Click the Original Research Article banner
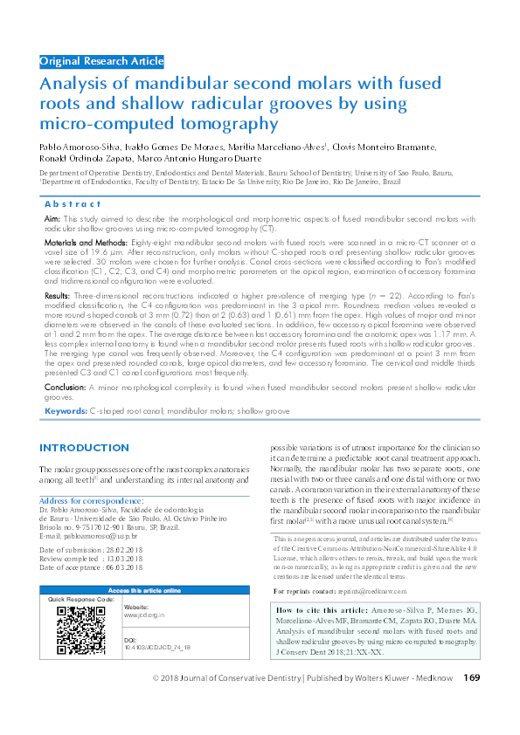[x=101, y=61]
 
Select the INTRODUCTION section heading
[x=84, y=448]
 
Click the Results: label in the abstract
[x=58, y=297]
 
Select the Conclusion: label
[x=65, y=385]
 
